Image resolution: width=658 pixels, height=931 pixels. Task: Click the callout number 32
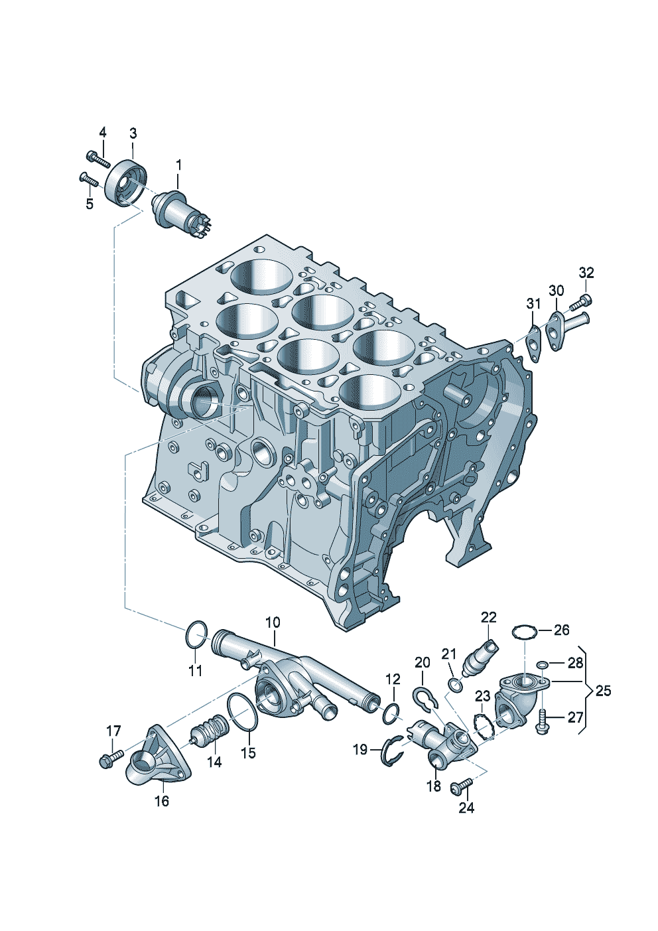(x=586, y=273)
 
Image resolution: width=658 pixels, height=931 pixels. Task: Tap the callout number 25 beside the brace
(x=604, y=691)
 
